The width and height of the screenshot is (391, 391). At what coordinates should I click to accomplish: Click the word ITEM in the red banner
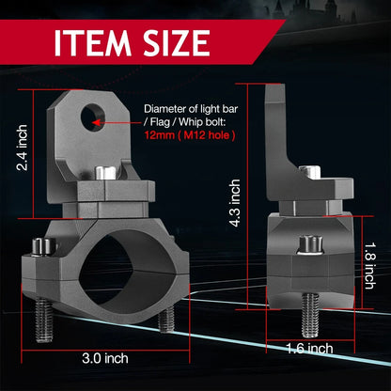click(x=93, y=43)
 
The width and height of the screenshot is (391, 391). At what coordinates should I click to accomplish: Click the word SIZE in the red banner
click(x=177, y=43)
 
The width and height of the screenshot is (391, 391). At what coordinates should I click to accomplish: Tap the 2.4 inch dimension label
click(x=22, y=148)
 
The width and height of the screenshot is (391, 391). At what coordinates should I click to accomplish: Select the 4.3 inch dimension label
click(x=235, y=203)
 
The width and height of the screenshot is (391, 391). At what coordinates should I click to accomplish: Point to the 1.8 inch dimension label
click(x=369, y=265)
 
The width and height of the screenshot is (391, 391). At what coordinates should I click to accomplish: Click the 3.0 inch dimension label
click(x=105, y=358)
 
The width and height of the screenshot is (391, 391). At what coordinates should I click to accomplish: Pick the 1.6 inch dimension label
click(x=309, y=349)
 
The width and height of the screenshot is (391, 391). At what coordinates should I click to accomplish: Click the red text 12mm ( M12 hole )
click(x=190, y=135)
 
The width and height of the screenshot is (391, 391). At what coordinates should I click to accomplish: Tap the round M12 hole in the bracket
click(x=93, y=117)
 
